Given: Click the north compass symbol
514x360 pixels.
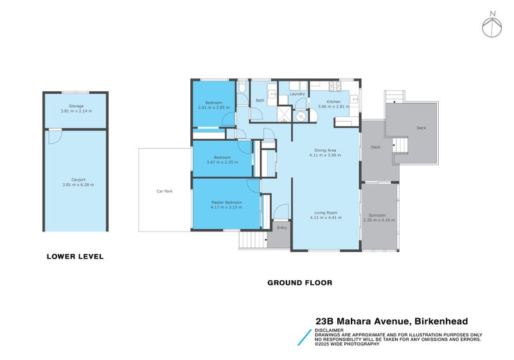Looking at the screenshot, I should pyautogui.click(x=492, y=25).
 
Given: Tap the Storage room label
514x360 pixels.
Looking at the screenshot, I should pyautogui.click(x=76, y=105).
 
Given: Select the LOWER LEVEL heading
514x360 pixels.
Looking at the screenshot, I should pyautogui.click(x=75, y=256).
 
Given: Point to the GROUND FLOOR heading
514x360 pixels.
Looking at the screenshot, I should pyautogui.click(x=299, y=282).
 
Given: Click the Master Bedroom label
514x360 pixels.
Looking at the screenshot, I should pyautogui.click(x=226, y=203).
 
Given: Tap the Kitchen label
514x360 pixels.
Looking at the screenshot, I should pyautogui.click(x=333, y=102).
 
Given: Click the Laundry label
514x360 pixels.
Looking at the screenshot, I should pyautogui.click(x=297, y=94).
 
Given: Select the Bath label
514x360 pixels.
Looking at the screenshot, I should pyautogui.click(x=260, y=100).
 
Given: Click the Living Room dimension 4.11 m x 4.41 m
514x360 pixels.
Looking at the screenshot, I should pyautogui.click(x=325, y=218).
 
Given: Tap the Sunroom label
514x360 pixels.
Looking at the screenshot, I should pyautogui.click(x=377, y=215).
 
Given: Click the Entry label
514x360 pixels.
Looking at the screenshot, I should pyautogui.click(x=282, y=228).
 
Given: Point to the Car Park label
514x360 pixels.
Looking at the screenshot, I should pyautogui.click(x=164, y=191).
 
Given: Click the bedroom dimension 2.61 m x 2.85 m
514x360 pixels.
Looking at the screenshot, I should pyautogui.click(x=214, y=107).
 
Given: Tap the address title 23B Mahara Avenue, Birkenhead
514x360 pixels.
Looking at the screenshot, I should pyautogui.click(x=391, y=320).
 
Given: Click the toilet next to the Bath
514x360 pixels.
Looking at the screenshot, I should pyautogui.click(x=242, y=87).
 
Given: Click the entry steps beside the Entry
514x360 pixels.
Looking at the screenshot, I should pyautogui.click(x=253, y=240).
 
